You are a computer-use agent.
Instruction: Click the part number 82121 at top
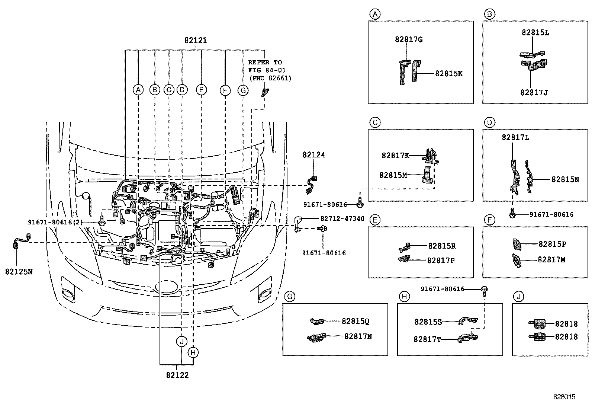pyautogui.click(x=195, y=41)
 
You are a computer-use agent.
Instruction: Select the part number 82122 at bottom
pyautogui.click(x=177, y=375)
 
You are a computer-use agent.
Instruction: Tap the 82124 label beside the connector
pyautogui.click(x=313, y=155)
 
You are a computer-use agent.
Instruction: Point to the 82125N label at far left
pyautogui.click(x=19, y=272)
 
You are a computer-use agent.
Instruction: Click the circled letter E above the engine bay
pyautogui.click(x=201, y=90)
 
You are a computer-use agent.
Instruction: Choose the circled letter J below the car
pyautogui.click(x=181, y=341)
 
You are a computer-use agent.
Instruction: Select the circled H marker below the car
pyautogui.click(x=193, y=352)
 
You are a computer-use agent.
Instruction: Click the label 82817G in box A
pyautogui.click(x=409, y=39)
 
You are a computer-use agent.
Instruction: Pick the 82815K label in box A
pyautogui.click(x=449, y=74)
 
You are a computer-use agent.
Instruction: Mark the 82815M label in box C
pyautogui.click(x=393, y=175)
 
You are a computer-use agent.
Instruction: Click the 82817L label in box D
pyautogui.click(x=515, y=138)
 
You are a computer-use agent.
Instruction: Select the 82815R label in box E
pyautogui.click(x=442, y=246)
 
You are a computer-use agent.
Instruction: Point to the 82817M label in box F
pyautogui.click(x=551, y=260)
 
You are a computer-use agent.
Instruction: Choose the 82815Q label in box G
pyautogui.click(x=355, y=321)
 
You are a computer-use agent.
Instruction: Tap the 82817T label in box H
pyautogui.click(x=427, y=339)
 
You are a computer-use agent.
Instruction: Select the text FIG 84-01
pyautogui.click(x=267, y=70)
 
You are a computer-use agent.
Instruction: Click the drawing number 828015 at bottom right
pyautogui.click(x=564, y=397)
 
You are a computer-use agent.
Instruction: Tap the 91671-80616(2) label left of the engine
pyautogui.click(x=55, y=222)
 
